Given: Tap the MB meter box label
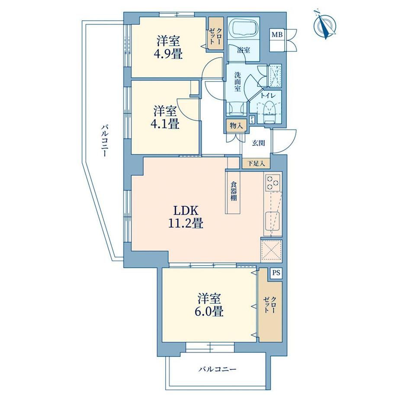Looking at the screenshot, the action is point(277,35).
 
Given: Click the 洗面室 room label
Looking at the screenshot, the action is point(238,82).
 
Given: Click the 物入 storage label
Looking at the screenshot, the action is point(237,125).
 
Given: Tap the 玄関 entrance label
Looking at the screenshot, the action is point(258,143).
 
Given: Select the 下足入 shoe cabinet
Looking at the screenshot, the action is point(256,164).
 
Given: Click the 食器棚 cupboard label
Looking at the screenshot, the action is point(234,191).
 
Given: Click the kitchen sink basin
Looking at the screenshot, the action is point(273,220).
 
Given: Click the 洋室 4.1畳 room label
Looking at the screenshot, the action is point(166,118).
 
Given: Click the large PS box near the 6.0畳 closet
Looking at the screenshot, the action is point(276,273).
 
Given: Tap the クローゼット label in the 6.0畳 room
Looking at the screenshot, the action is point(270,305).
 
